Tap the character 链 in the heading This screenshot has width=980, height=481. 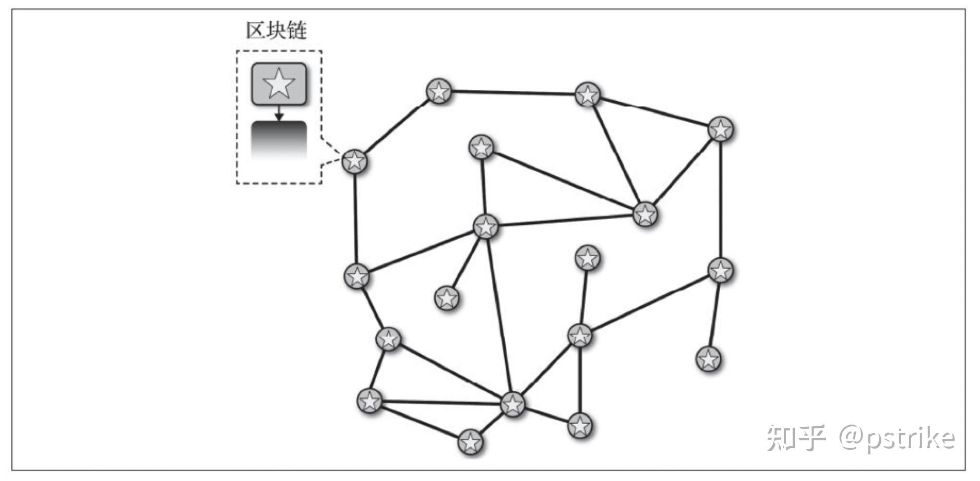click(296, 30)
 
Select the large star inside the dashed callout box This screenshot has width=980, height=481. click(279, 83)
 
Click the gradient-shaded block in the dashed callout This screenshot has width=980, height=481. click(279, 140)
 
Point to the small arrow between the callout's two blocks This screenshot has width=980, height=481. click(279, 113)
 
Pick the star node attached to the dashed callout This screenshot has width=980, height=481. click(355, 161)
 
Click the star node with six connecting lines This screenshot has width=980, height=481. click(512, 403)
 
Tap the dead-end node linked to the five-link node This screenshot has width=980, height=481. click(447, 298)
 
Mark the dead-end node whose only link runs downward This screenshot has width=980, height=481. click(588, 258)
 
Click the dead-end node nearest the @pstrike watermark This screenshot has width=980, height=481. click(708, 359)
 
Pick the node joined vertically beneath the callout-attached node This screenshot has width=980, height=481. click(357, 276)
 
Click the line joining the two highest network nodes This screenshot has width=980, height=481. click(513, 93)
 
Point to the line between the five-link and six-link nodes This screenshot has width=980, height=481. click(499, 315)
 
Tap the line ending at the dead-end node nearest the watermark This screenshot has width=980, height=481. click(714, 314)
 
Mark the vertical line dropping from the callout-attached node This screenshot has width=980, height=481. click(356, 218)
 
